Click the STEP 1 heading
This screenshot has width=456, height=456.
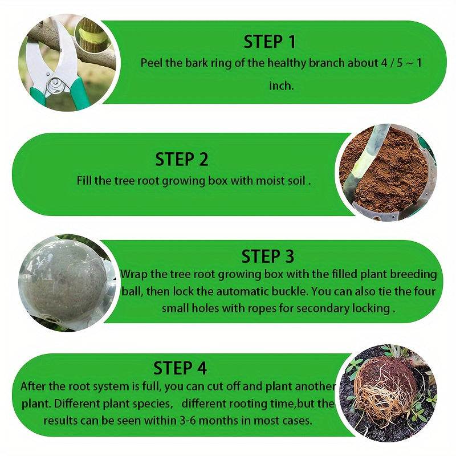pos(270,42)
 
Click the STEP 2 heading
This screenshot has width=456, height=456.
pos(182,159)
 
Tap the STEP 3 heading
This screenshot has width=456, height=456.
pos(268,256)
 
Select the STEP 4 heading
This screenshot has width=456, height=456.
pos(180,367)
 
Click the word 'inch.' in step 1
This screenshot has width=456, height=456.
pos(281,85)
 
